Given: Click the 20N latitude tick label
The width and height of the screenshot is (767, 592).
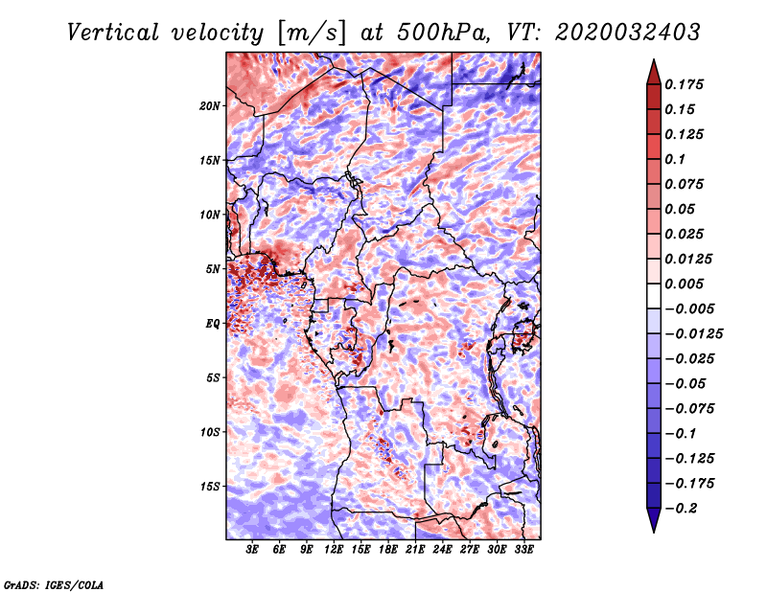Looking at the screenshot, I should [211, 105].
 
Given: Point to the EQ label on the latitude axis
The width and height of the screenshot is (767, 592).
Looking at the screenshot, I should [214, 324].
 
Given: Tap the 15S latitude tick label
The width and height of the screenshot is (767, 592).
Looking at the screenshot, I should [211, 487].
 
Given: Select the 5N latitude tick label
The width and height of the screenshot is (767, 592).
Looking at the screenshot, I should [214, 269].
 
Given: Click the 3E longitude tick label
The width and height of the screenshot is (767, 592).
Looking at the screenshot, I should [253, 551].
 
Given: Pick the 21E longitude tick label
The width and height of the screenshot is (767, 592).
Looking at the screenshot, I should [415, 551].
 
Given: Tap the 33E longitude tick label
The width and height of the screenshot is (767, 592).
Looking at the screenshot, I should [523, 551].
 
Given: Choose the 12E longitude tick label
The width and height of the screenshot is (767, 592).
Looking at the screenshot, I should [334, 551].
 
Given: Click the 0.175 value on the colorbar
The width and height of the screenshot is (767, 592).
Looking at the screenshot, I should [687, 85].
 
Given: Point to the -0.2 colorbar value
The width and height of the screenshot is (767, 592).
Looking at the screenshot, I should [686, 509].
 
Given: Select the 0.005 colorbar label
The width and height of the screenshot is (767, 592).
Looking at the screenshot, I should [687, 285].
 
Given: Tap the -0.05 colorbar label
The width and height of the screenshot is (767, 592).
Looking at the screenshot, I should [690, 384].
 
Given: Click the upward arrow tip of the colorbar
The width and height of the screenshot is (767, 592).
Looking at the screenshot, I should [653, 62].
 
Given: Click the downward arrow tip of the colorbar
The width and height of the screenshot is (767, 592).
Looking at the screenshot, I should [653, 530].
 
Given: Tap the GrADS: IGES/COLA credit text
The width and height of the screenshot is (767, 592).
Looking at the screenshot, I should [53, 583].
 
